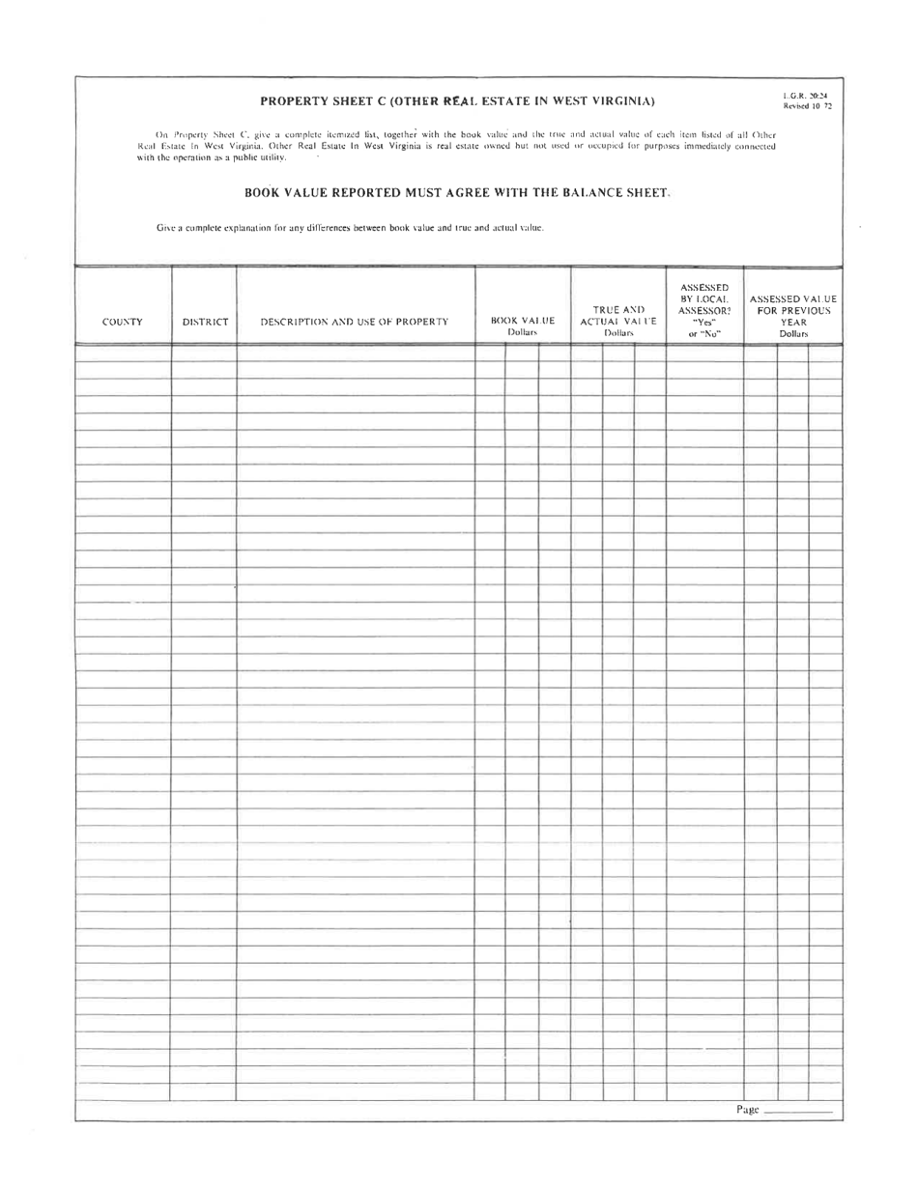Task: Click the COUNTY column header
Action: pyautogui.click(x=123, y=322)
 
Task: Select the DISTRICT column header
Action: pyautogui.click(x=204, y=322)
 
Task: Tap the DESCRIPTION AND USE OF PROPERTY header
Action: pyautogui.click(x=355, y=322)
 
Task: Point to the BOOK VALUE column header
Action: pyautogui.click(x=522, y=321)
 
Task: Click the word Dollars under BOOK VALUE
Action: pyautogui.click(x=522, y=332)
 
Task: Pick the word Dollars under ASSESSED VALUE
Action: pyautogui.click(x=792, y=333)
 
